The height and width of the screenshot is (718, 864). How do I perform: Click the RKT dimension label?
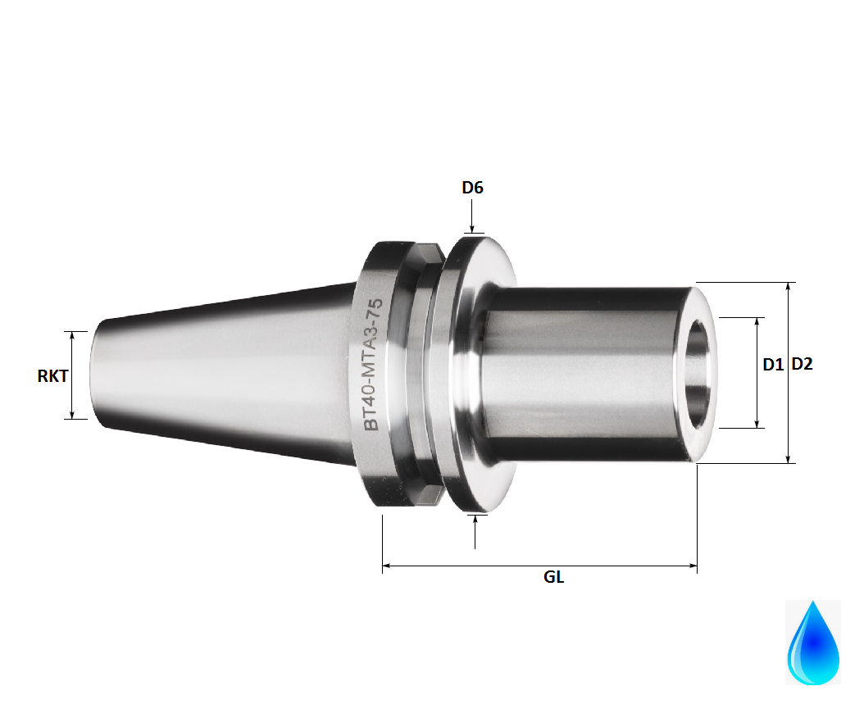coord(52,376)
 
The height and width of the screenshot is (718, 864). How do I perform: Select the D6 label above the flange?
coord(472,188)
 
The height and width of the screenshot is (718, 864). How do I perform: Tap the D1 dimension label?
coord(773,366)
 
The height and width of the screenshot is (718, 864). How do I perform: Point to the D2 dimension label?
coord(803,366)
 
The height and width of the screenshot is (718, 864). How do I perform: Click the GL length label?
coord(554,577)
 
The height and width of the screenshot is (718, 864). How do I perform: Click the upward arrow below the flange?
coord(476,525)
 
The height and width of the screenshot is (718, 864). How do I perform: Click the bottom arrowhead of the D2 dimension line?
coord(789,458)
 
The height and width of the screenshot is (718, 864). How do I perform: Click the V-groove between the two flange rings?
coord(427,373)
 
